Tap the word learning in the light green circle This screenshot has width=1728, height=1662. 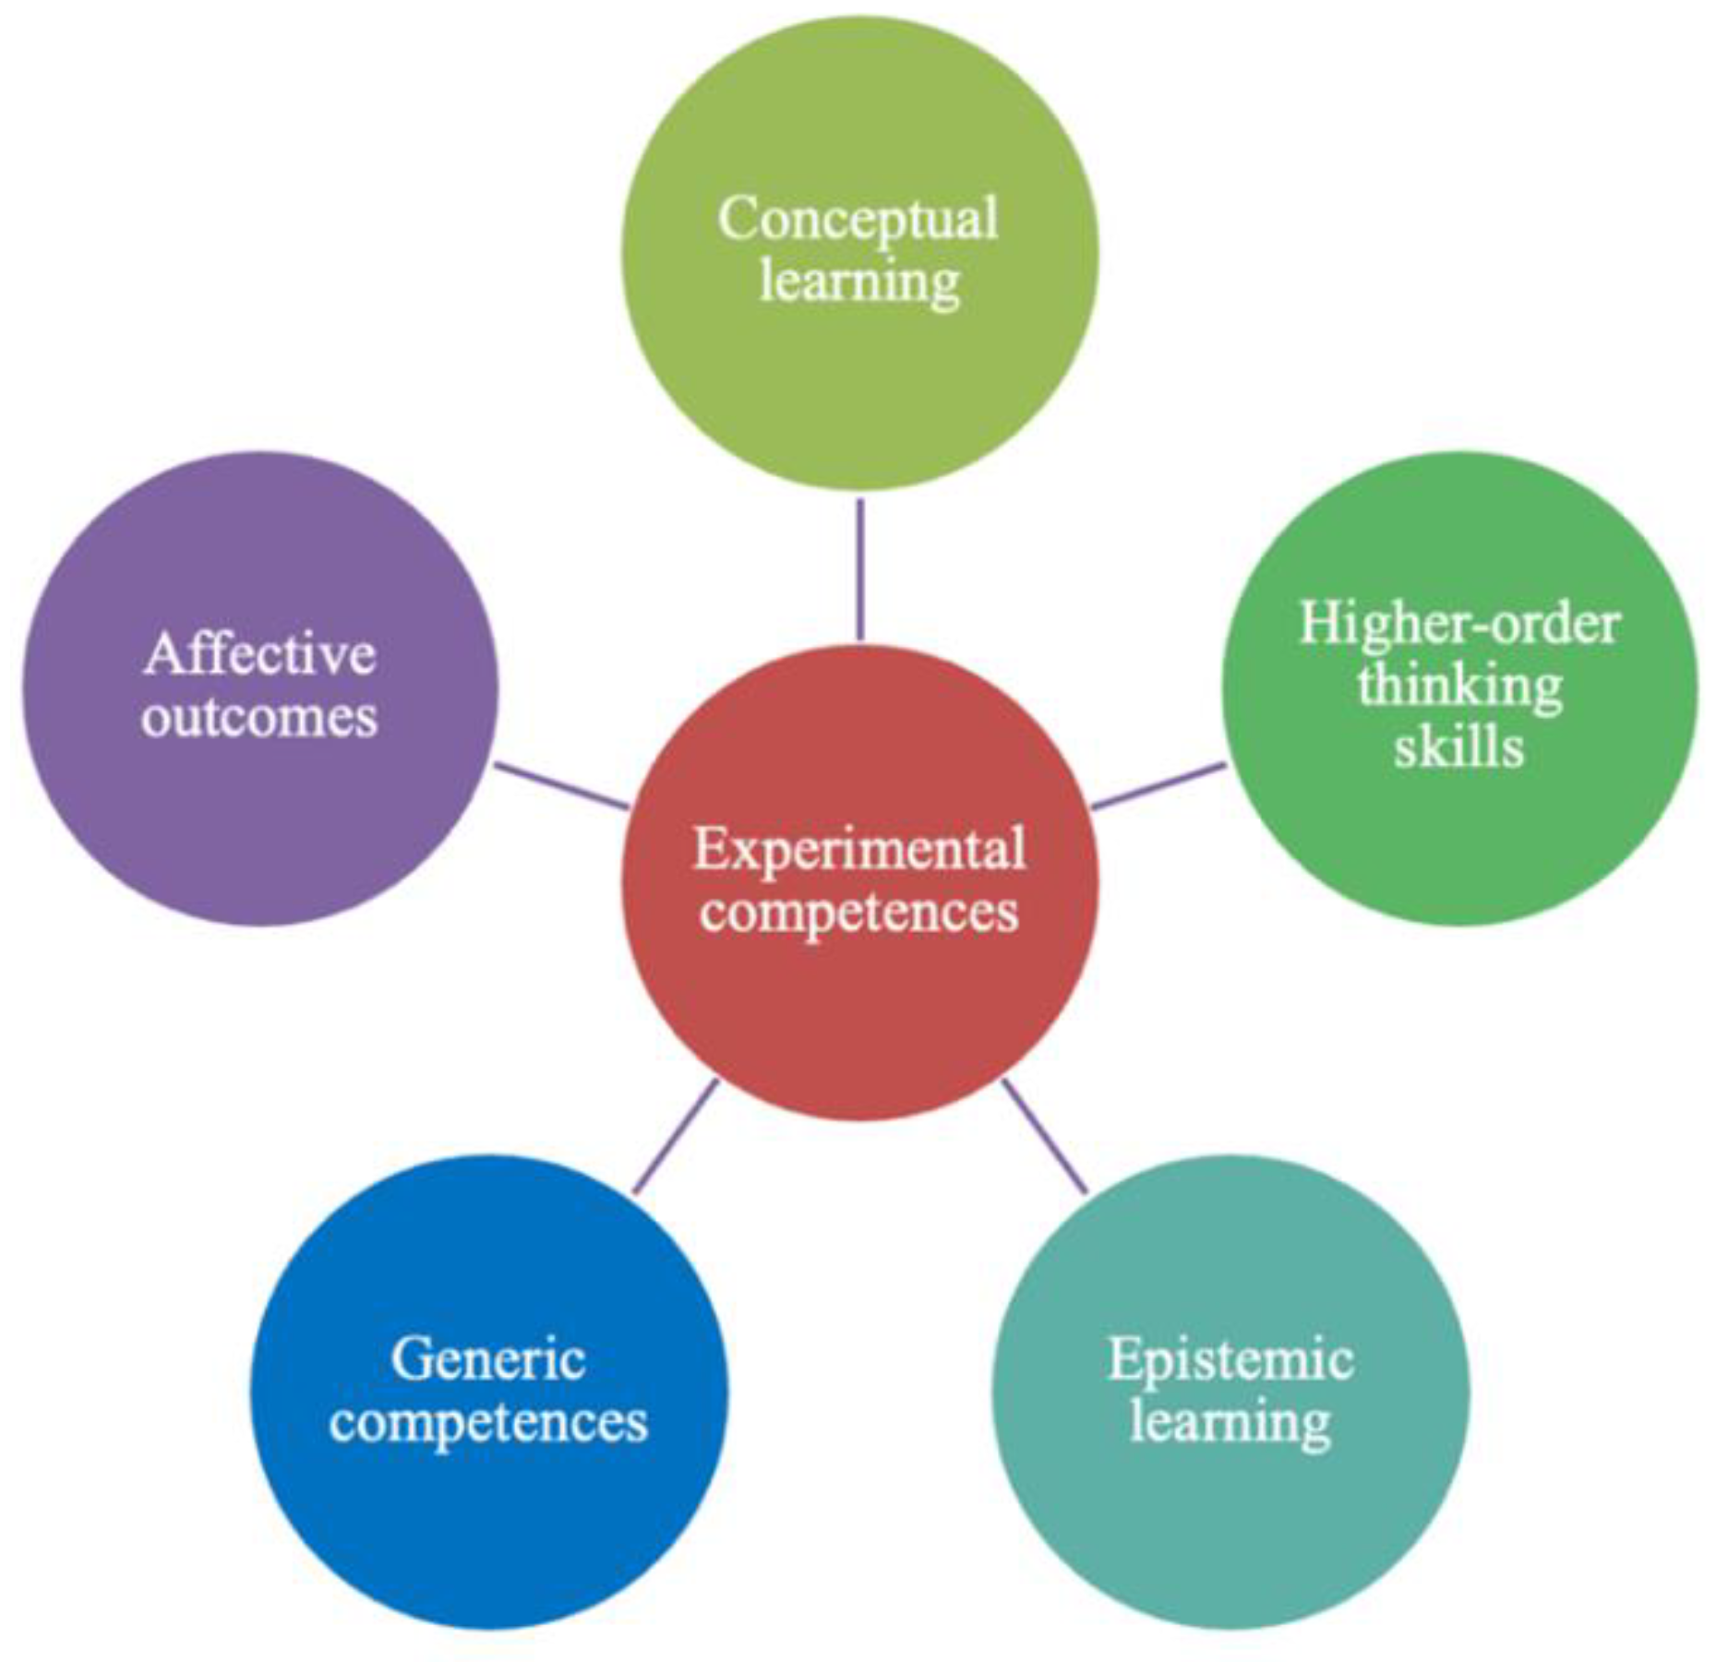click(859, 281)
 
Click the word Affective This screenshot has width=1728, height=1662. click(260, 655)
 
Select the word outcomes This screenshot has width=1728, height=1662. click(260, 718)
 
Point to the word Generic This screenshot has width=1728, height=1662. click(488, 1359)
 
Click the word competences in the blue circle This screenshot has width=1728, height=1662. click(488, 1422)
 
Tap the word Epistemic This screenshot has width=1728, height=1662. click(1230, 1359)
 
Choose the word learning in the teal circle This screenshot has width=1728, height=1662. click(1230, 1422)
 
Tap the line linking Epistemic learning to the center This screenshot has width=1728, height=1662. click(1044, 1136)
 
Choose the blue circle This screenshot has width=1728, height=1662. click(488, 1523)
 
